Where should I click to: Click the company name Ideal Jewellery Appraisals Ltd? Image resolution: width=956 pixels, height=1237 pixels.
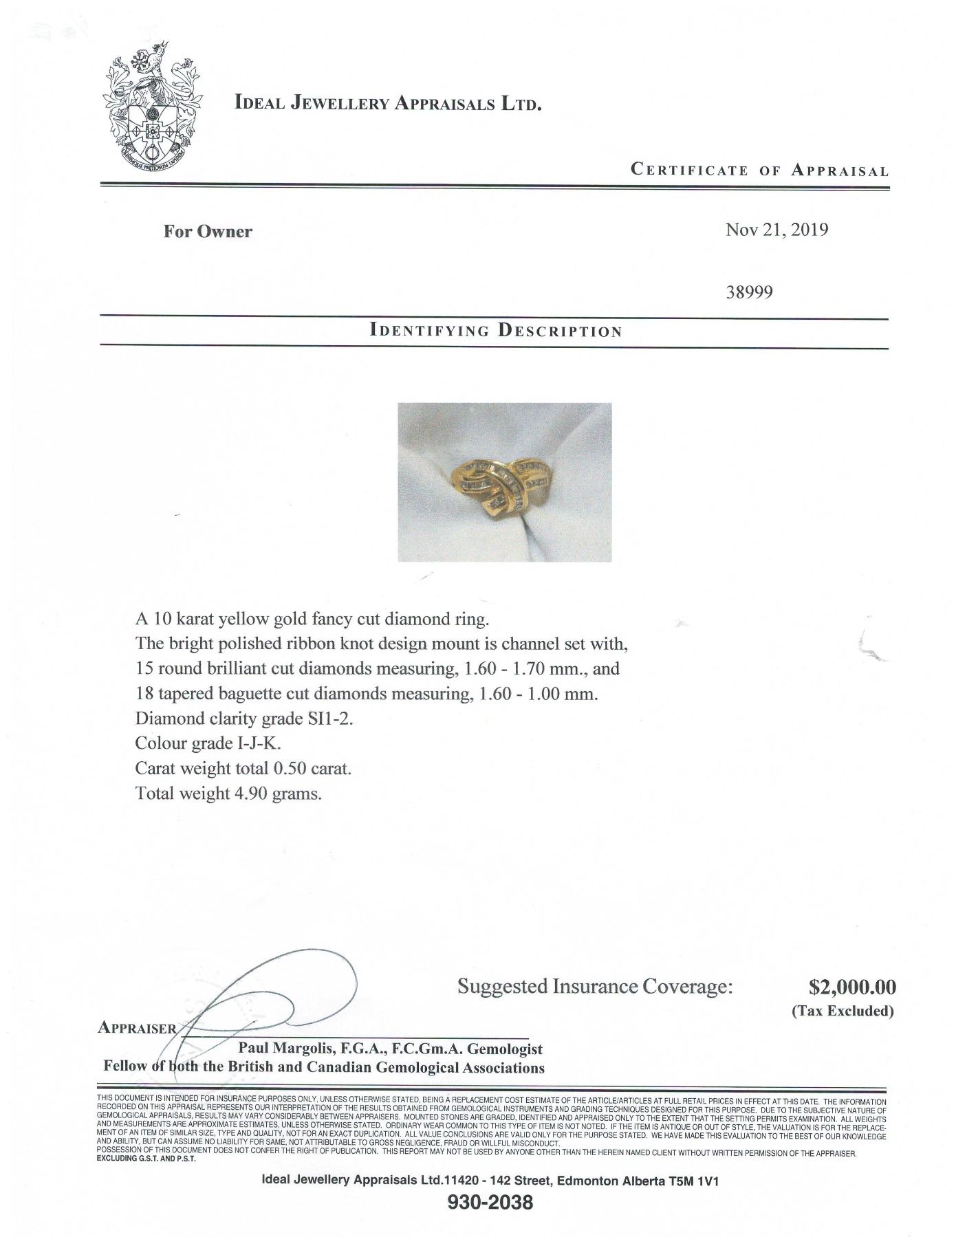coord(389,104)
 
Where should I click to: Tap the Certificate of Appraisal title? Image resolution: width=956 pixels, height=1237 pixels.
coord(759,170)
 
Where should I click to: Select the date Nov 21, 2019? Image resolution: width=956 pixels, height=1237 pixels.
coord(776,230)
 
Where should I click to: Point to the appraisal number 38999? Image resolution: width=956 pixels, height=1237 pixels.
coord(749,292)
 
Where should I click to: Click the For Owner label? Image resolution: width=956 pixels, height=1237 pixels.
coord(208,231)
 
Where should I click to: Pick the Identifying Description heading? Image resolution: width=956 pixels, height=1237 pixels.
coord(495,331)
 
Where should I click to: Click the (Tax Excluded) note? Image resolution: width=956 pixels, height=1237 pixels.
coord(843,1011)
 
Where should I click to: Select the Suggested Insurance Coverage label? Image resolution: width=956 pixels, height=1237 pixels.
coord(596,987)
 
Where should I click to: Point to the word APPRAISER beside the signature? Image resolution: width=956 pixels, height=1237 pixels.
coord(138,1028)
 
